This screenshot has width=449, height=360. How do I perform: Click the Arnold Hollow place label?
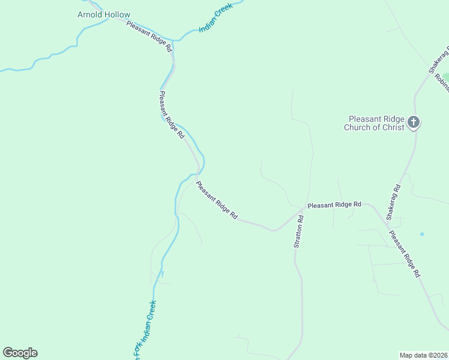click(104, 14)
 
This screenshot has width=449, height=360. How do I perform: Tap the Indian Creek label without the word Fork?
click(215, 20)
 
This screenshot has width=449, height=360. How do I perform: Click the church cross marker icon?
click(413, 122)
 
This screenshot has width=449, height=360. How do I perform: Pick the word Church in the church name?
click(358, 127)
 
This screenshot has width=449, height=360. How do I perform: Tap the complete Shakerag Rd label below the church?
click(393, 200)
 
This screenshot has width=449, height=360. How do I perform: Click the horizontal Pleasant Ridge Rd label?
click(334, 205)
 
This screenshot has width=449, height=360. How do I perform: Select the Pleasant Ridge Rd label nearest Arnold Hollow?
click(149, 37)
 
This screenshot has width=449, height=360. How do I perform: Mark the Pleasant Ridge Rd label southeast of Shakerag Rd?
click(404, 254)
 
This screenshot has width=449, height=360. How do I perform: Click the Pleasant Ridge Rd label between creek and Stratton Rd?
click(217, 200)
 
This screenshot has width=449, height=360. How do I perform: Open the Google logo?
click(20, 353)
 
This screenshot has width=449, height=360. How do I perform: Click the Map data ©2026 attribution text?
click(423, 355)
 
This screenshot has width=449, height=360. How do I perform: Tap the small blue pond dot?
click(422, 234)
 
